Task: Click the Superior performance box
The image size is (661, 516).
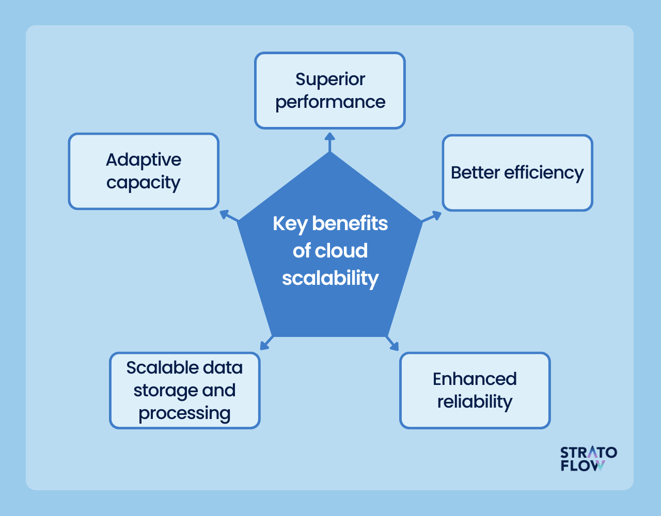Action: tap(329, 90)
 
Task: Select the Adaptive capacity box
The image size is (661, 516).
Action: tap(144, 171)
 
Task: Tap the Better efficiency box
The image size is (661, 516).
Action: tap(517, 173)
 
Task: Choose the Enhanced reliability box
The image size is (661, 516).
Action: tap(475, 391)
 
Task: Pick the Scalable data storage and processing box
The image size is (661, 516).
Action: tap(184, 391)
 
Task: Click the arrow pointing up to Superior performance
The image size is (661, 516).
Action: tap(329, 142)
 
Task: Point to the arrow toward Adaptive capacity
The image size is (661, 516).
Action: tap(229, 216)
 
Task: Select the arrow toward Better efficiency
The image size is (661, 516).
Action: tap(432, 216)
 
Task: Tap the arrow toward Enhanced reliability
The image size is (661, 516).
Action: tap(392, 343)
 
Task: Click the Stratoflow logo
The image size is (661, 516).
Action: tap(588, 459)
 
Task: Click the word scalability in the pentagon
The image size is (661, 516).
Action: tap(330, 278)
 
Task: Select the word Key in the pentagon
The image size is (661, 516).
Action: tap(290, 223)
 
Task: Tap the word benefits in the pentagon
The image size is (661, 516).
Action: tap(350, 223)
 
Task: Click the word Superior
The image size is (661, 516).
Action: tap(330, 79)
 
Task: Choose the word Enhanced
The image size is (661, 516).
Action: tap(475, 379)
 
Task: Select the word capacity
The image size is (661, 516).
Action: tap(144, 183)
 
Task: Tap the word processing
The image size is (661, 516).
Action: tap(184, 413)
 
